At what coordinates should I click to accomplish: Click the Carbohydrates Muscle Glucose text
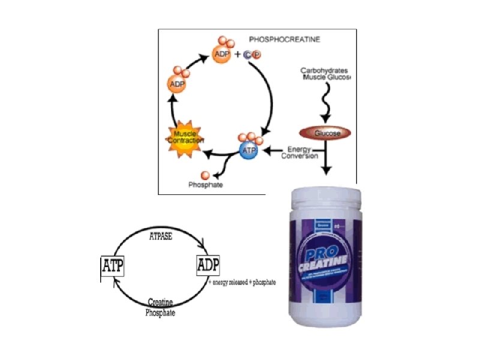click(325, 74)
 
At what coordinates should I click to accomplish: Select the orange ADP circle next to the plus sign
click(221, 56)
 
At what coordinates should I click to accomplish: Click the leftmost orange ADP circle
click(177, 84)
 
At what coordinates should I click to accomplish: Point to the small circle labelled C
click(247, 56)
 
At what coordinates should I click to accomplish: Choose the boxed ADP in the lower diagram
click(208, 265)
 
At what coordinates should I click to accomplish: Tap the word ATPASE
click(160, 236)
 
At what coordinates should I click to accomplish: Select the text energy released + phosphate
click(242, 282)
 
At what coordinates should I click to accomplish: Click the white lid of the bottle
click(325, 198)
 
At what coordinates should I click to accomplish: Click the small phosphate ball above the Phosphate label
click(206, 175)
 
